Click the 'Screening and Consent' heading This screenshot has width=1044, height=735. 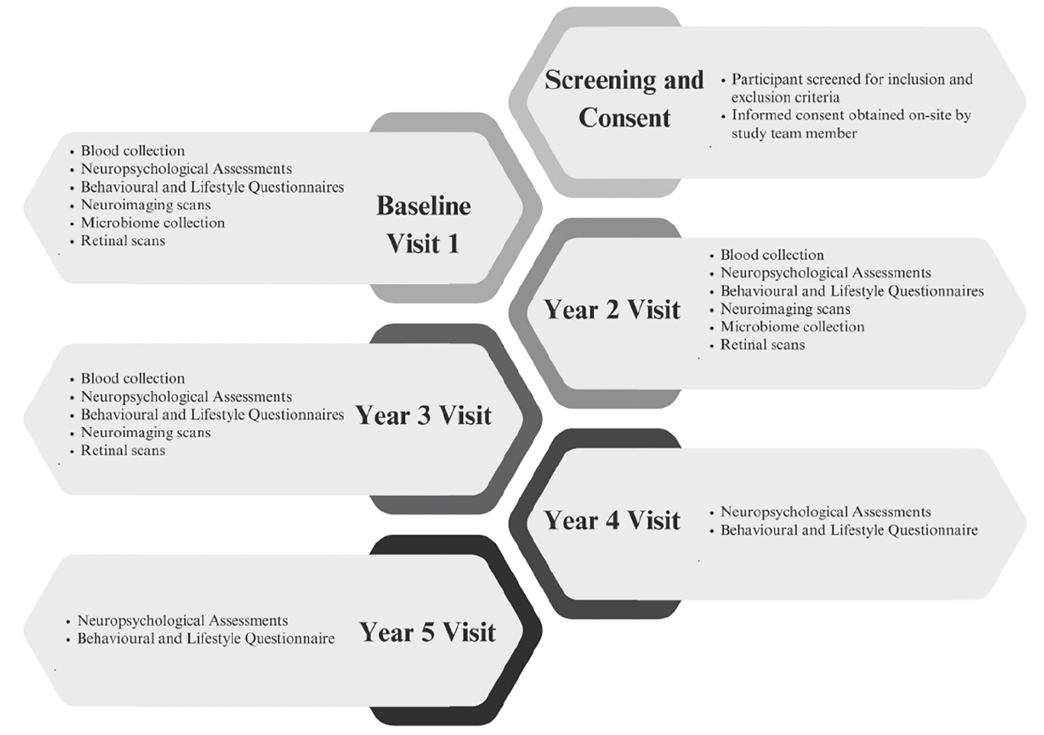click(624, 99)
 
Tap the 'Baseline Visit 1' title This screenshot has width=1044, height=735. click(423, 225)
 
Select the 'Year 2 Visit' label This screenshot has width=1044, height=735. click(612, 310)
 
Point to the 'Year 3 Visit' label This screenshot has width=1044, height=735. click(423, 416)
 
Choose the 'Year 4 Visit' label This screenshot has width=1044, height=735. click(612, 520)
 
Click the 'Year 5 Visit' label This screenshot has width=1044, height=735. click(427, 632)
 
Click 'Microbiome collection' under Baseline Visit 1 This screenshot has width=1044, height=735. click(153, 223)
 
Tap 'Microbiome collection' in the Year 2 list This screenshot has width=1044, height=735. click(792, 327)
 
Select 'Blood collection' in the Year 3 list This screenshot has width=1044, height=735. click(133, 379)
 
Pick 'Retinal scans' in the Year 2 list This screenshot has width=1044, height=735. click(762, 345)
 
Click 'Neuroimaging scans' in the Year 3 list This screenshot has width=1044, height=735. click(146, 433)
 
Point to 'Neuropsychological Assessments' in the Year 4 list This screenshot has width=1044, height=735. click(825, 513)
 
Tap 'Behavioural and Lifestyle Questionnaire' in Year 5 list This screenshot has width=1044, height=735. click(206, 639)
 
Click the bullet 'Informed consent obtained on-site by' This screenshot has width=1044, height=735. click(851, 115)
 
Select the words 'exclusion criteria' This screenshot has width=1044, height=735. click(785, 97)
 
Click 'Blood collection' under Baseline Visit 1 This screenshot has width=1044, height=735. click(133, 151)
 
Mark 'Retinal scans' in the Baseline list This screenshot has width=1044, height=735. click(123, 241)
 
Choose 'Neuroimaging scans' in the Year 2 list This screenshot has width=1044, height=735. click(785, 309)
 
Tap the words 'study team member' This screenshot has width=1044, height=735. click(794, 134)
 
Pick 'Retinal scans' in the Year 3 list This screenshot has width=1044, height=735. click(123, 451)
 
